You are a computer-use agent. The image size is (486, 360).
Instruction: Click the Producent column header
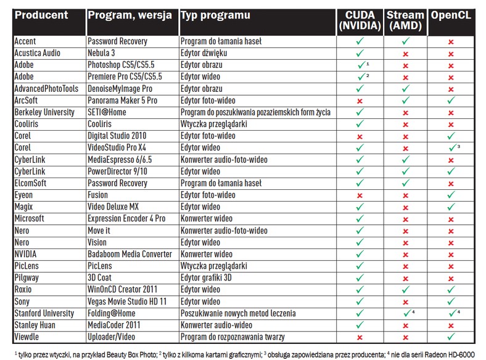[41, 15]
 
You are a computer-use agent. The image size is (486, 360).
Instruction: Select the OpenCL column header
[450, 15]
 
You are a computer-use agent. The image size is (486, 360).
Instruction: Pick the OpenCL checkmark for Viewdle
[451, 337]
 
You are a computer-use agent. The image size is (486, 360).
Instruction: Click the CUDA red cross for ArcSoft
[360, 100]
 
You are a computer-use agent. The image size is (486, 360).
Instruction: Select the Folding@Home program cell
[118, 313]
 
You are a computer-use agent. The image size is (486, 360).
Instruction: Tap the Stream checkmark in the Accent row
[405, 41]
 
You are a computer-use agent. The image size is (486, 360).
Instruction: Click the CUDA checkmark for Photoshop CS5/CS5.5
[361, 65]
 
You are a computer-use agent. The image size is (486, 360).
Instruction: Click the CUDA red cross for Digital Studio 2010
[360, 136]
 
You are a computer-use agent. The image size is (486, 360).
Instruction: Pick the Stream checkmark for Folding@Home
[406, 314]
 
